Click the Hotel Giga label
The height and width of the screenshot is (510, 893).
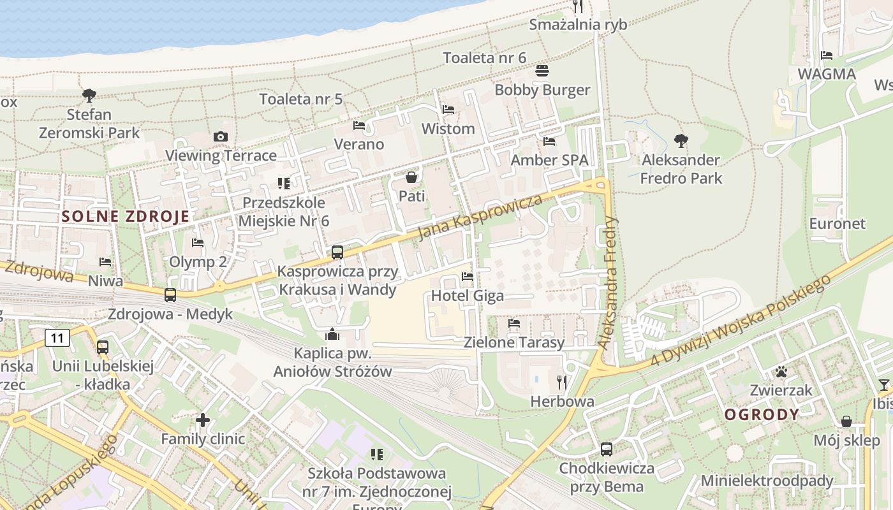[468, 296]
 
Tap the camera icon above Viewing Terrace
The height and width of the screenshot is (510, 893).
[221, 136]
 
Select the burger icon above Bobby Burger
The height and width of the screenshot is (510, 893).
[542, 71]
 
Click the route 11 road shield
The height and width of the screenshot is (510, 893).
[57, 338]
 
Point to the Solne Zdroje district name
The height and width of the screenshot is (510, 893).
[126, 216]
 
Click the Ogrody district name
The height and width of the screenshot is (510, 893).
[762, 414]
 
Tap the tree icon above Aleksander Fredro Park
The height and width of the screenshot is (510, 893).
[681, 140]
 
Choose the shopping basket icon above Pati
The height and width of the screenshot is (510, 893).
[411, 177]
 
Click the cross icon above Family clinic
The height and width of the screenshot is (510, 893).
[203, 420]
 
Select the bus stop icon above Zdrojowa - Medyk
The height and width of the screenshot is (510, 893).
[170, 295]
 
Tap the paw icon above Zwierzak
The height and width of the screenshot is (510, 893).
[781, 372]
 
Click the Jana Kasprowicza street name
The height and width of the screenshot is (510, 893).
[480, 217]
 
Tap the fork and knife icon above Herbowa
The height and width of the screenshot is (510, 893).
[562, 382]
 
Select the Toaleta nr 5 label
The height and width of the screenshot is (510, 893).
[301, 99]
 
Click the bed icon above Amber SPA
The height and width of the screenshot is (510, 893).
[549, 142]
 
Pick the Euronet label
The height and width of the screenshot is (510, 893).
[838, 224]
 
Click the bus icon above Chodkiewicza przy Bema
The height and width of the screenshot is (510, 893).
[607, 449]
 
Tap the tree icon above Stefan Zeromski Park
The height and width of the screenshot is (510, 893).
[89, 96]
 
